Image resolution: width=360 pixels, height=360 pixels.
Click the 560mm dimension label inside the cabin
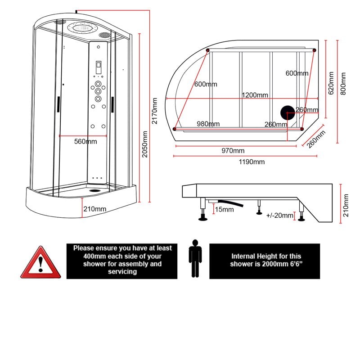tap(85, 142)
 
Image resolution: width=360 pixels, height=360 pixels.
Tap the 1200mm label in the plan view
tap(255, 95)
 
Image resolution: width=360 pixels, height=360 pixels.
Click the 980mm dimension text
tap(208, 124)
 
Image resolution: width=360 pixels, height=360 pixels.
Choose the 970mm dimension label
tap(233, 150)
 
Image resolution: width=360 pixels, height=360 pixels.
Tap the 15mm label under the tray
tap(224, 209)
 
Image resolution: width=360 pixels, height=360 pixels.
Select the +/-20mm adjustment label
tap(279, 216)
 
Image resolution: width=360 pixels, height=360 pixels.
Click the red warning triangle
tap(40, 264)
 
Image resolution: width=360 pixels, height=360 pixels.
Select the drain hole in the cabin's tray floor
tap(94, 189)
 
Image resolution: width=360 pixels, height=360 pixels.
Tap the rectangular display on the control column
tap(98, 68)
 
